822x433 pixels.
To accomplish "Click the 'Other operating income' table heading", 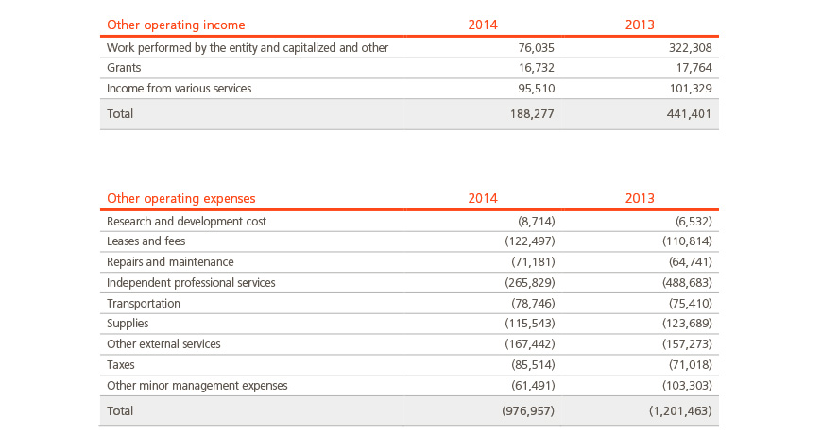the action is pyautogui.click(x=176, y=25).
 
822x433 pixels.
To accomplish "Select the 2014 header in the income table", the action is pyautogui.click(x=483, y=25).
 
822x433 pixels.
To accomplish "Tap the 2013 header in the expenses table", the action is pyautogui.click(x=640, y=198).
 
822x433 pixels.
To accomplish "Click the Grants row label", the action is pyautogui.click(x=124, y=68).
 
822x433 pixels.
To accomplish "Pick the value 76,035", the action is pyautogui.click(x=537, y=48).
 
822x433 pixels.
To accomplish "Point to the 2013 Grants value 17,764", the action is pyautogui.click(x=694, y=68).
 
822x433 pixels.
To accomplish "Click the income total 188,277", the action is pyautogui.click(x=532, y=114).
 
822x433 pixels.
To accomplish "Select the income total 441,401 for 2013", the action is pyautogui.click(x=689, y=114).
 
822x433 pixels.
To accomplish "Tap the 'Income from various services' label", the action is pyautogui.click(x=180, y=89).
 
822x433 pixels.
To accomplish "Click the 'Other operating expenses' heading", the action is pyautogui.click(x=180, y=198).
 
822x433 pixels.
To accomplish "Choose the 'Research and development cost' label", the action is pyautogui.click(x=187, y=222).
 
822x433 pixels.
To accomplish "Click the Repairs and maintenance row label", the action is pyautogui.click(x=170, y=262).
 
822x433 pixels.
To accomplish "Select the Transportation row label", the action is pyautogui.click(x=144, y=304).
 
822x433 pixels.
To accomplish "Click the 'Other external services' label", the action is pyautogui.click(x=163, y=344).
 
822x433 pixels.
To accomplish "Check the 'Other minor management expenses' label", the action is pyautogui.click(x=197, y=386).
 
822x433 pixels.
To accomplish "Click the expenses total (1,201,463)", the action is pyautogui.click(x=680, y=411).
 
